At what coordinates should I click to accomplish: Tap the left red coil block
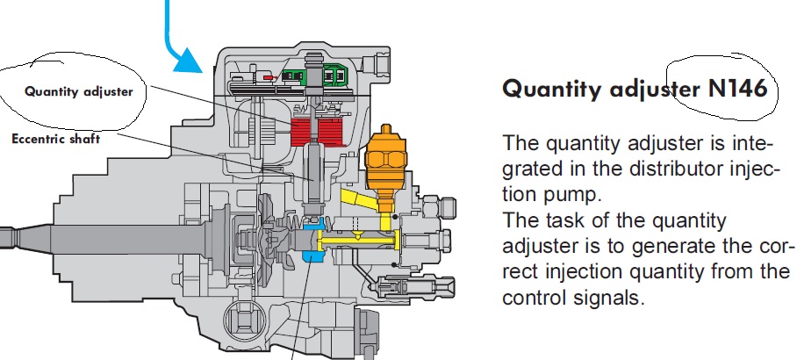[303, 132]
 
